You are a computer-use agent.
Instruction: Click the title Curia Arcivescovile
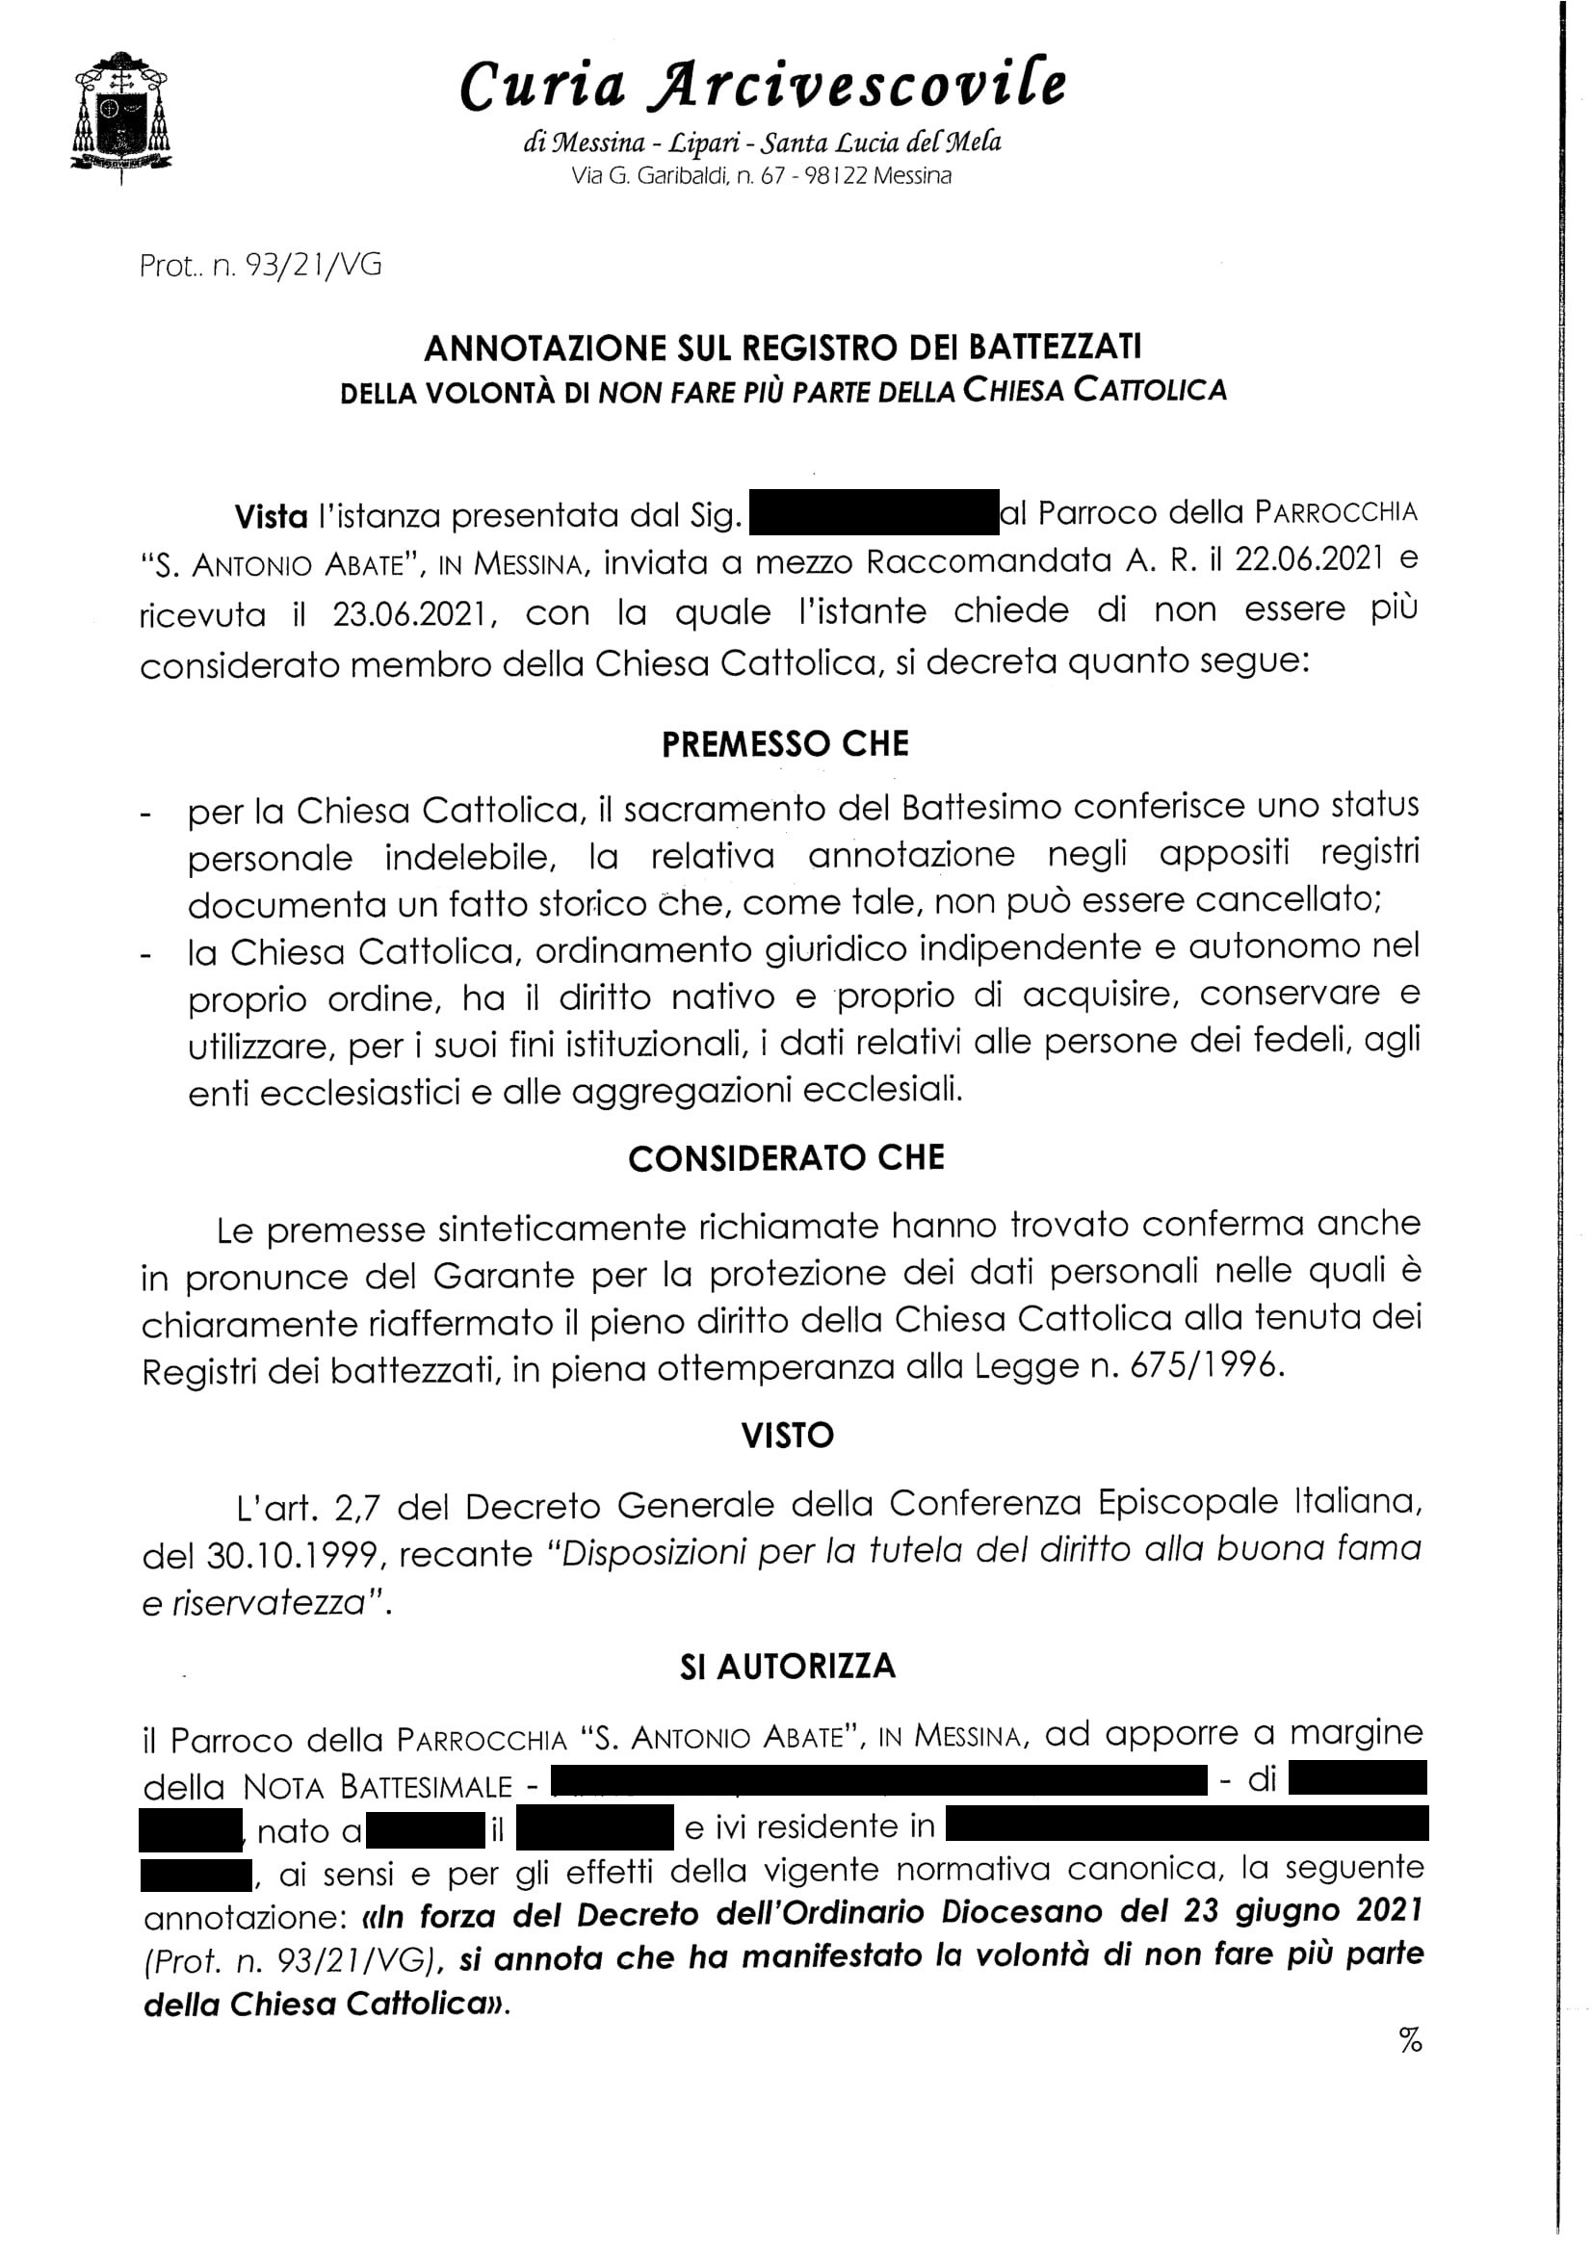point(762,86)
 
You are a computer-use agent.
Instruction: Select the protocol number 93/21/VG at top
point(316,265)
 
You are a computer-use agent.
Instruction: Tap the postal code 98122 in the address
point(835,176)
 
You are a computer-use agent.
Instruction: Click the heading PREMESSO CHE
point(785,744)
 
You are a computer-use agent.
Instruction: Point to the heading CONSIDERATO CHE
point(786,1158)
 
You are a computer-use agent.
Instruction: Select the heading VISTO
point(787,1436)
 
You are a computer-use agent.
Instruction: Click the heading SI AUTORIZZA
point(787,1667)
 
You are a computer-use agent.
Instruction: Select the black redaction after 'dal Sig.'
point(873,512)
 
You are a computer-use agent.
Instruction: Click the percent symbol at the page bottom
point(1411,2041)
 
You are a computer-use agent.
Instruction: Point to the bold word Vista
point(271,516)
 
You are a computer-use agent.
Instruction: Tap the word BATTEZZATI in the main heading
point(1056,348)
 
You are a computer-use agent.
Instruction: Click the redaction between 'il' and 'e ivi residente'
point(594,1826)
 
